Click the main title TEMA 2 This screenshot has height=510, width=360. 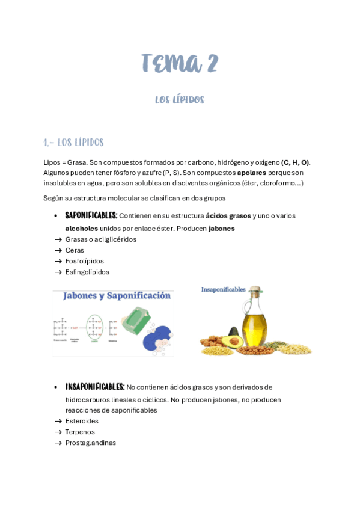coord(180,63)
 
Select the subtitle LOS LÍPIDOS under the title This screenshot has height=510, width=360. coord(180,100)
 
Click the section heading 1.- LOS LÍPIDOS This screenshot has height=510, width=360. coord(74,143)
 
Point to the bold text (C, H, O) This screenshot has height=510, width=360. coord(295,162)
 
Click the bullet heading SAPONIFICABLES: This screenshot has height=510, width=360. coord(91,215)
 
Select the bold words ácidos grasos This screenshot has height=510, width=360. coord(228,215)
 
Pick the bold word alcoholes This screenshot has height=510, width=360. coord(82,229)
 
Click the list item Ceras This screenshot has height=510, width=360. coord(75,250)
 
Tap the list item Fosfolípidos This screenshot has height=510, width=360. coord(85,261)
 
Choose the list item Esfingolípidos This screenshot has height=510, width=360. coord(87,272)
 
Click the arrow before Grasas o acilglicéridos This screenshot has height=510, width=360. coord(58,239)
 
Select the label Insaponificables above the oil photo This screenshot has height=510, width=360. coord(223,289)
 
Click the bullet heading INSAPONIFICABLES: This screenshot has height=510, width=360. coord(94,387)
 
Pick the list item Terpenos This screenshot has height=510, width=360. coord(80,432)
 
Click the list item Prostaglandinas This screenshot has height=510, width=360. coord(91,443)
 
